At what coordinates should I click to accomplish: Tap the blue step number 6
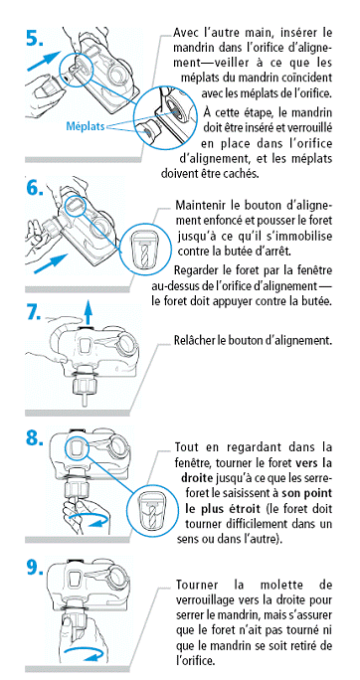pos(34,188)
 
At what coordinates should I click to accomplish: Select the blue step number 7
pos(34,313)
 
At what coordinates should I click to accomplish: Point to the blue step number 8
pos(34,438)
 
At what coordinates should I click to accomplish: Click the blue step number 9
pos(34,568)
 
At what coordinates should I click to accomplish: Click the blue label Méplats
pos(85,126)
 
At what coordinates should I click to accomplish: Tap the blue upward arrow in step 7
pos(89,314)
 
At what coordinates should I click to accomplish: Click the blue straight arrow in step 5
pos(44,61)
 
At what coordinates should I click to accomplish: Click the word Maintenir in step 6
pos(198,205)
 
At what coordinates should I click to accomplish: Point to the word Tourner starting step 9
pos(197,585)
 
